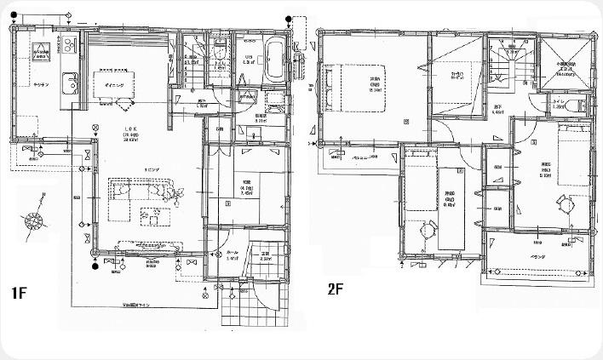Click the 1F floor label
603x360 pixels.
(x=19, y=294)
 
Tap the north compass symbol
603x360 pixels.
(x=36, y=220)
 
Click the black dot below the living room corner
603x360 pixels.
(x=94, y=266)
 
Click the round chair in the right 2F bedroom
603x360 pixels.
(x=565, y=201)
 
